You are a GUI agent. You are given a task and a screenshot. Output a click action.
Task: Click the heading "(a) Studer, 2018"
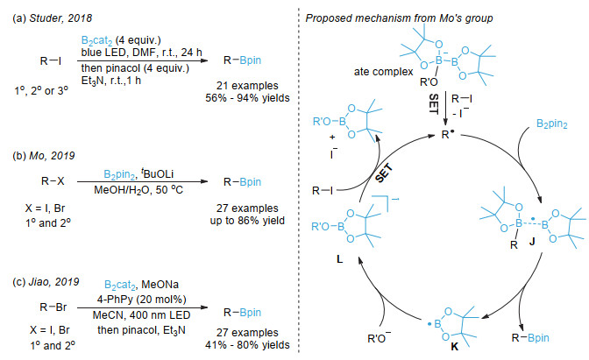[x=52, y=18]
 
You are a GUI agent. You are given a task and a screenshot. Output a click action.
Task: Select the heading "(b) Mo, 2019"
[x=44, y=155]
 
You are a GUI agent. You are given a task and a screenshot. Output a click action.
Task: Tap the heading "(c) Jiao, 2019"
[x=46, y=282]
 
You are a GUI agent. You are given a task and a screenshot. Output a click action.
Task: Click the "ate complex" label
[x=383, y=72]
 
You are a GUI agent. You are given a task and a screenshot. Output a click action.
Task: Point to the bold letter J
[x=532, y=242]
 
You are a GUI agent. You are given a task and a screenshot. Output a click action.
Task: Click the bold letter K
[x=455, y=347]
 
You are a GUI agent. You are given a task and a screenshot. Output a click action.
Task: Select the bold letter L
[x=339, y=259]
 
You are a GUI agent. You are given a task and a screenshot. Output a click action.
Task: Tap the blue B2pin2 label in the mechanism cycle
[x=552, y=124]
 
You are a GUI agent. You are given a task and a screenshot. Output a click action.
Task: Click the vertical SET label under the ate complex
[x=434, y=103]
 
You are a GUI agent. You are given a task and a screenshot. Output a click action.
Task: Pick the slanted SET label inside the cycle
[x=384, y=173]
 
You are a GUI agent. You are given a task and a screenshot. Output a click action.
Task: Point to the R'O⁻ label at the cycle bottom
[x=379, y=338]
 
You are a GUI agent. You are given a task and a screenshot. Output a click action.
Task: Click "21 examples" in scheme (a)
[x=247, y=86]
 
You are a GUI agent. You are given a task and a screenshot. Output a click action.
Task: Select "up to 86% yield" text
[x=247, y=221]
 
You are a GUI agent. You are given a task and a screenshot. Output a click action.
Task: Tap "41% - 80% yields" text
[x=247, y=344]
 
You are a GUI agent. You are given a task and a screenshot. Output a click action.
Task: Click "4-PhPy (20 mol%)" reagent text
[x=142, y=300]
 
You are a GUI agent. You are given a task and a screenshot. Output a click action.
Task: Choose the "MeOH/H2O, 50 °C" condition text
[x=138, y=189]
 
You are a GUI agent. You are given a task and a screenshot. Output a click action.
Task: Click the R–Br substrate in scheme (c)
[x=53, y=307]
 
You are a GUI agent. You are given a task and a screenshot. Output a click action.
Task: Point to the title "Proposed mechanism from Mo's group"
[x=399, y=18]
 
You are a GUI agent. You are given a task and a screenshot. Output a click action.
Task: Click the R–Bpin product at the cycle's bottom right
[x=530, y=338]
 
